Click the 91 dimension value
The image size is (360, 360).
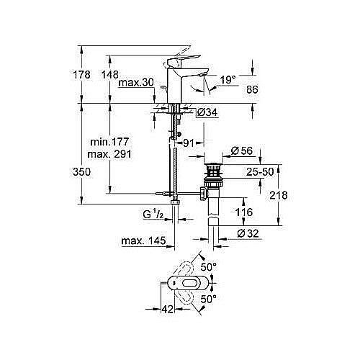[188, 143]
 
